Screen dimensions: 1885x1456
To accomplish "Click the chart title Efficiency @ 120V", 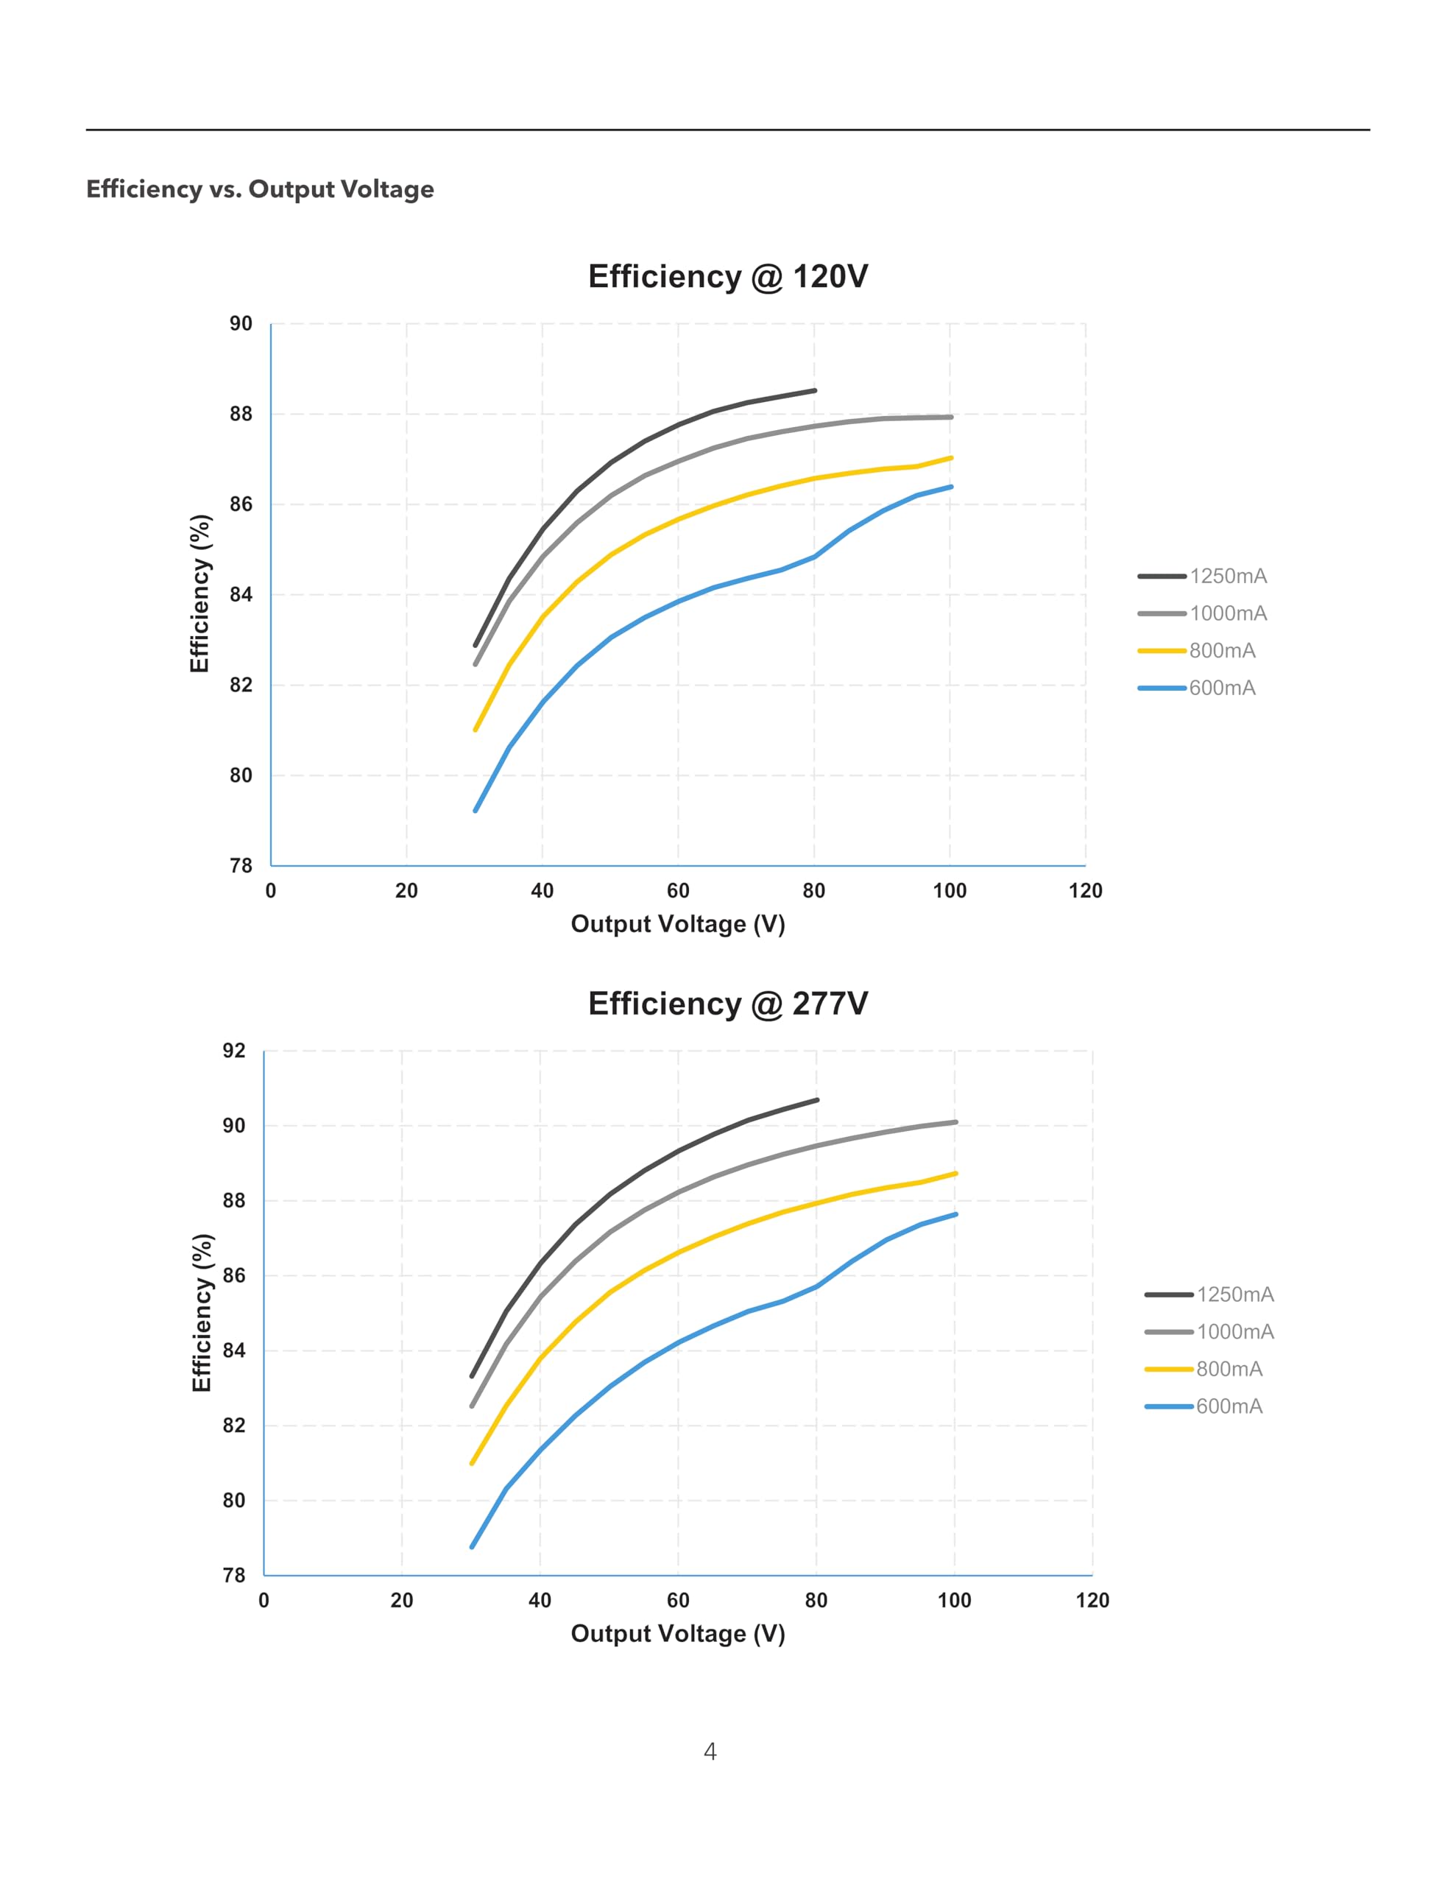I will pos(727,276).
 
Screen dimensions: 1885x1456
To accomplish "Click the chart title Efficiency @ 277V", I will pos(727,1003).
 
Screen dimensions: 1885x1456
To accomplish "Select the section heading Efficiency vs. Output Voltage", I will pos(260,189).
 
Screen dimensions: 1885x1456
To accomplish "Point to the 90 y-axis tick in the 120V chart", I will pos(241,324).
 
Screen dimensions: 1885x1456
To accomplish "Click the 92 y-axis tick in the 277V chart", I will pos(234,1051).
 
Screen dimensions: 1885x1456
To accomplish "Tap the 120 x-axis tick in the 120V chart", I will pos(1085,891).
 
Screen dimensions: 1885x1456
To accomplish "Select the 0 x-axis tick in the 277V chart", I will pos(264,1600).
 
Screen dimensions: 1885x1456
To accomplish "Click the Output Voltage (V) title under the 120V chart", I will pos(677,924).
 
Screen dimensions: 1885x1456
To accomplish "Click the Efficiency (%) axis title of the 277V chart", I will pos(201,1312).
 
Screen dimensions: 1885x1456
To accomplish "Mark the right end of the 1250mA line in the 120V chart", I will pos(815,391).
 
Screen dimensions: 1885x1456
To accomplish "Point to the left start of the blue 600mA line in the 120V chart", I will pos(476,811).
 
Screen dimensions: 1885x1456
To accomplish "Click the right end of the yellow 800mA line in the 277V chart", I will pos(955,1174).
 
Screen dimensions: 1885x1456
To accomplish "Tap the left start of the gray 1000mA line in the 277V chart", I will pos(471,1406).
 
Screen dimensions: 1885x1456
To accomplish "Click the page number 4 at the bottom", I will pos(710,1751).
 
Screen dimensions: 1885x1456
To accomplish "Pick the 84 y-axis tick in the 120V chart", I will pos(241,595).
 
